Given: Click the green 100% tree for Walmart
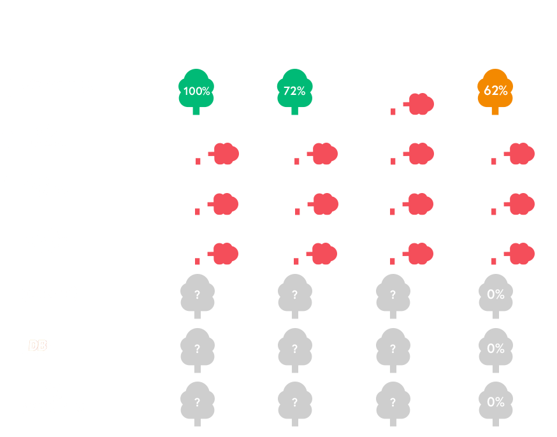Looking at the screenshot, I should point(196,90).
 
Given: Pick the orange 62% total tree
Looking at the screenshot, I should point(495,90).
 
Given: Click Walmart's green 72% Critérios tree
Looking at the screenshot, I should point(294,90).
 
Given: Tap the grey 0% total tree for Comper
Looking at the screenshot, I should point(495,294).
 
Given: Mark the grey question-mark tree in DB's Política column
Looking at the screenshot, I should point(197,349).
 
